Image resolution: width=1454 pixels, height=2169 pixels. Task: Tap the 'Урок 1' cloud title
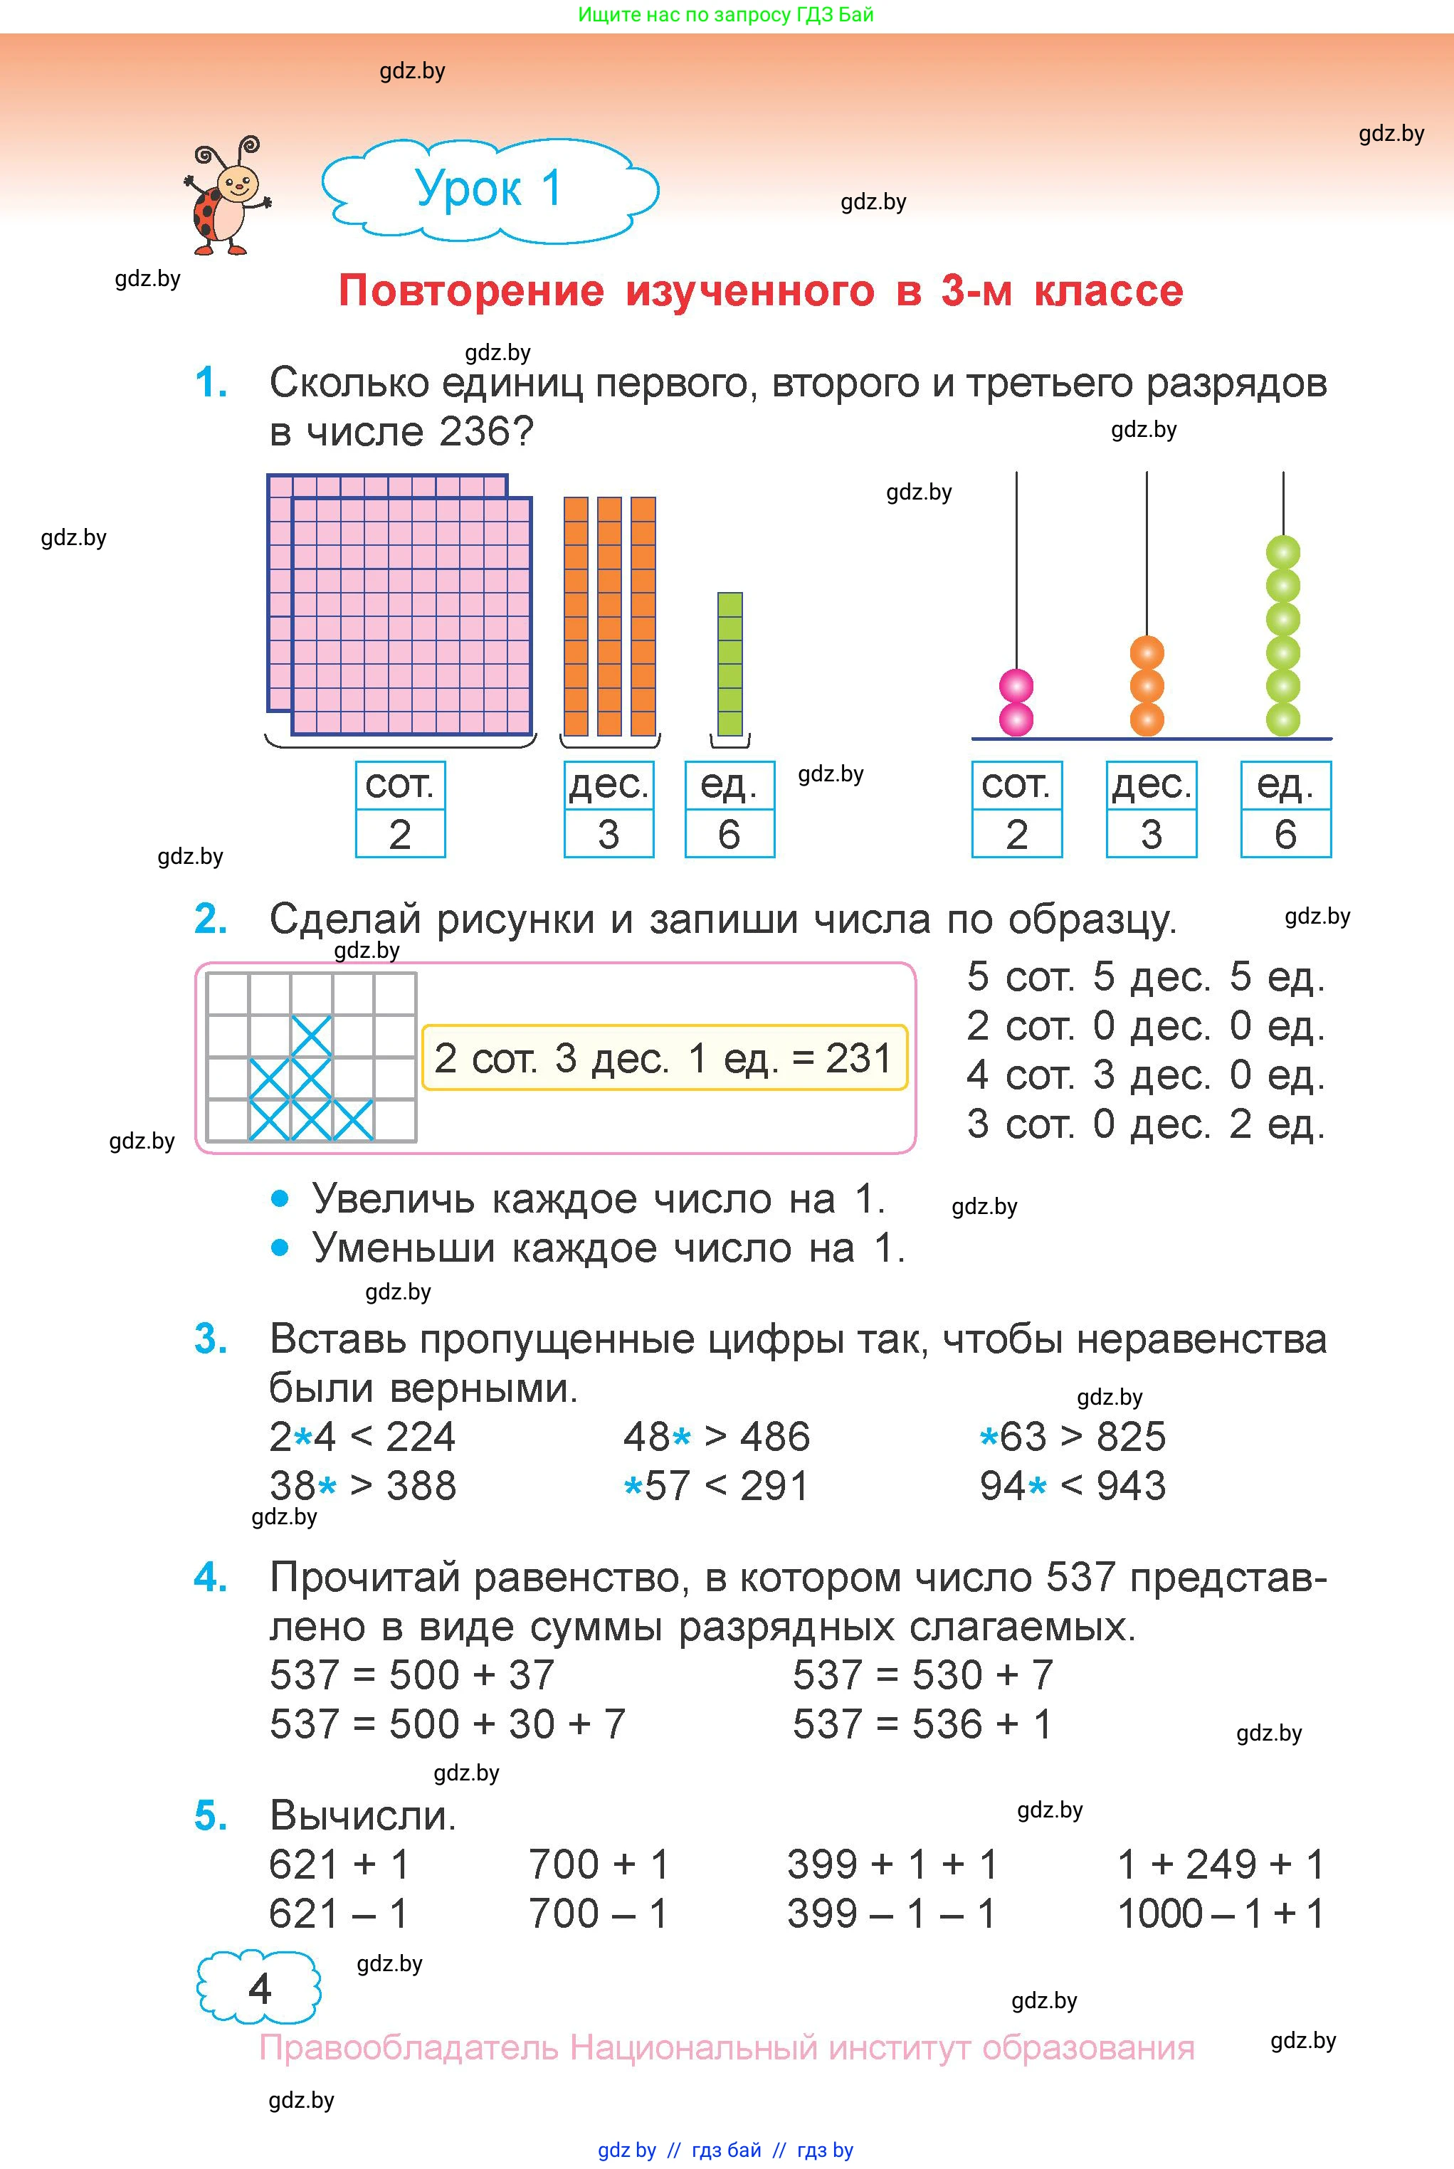coord(490,190)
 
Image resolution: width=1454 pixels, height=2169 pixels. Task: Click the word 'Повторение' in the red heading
coord(471,291)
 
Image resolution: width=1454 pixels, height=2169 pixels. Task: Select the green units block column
coord(729,664)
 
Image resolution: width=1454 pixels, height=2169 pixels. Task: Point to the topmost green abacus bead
coord(1283,552)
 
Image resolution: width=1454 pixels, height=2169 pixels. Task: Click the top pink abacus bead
coord(1016,687)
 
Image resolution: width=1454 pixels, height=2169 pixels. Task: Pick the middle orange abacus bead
coord(1147,687)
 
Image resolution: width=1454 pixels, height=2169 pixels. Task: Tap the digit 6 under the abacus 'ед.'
coord(1285,834)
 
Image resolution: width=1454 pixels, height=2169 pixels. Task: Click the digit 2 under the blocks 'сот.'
coord(400,834)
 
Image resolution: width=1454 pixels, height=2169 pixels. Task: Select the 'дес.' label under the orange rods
coord(609,785)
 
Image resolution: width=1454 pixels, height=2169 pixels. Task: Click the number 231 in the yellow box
coord(858,1057)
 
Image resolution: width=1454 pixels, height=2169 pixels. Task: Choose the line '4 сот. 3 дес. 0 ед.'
coord(1145,1075)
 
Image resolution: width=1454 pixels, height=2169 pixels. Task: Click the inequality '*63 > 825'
coord(1073,1437)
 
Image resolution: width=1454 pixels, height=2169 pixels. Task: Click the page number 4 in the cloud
coord(260,1989)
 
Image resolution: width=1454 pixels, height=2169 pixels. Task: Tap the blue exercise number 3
coord(211,1339)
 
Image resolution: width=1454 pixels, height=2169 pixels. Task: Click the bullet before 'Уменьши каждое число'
coord(280,1247)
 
